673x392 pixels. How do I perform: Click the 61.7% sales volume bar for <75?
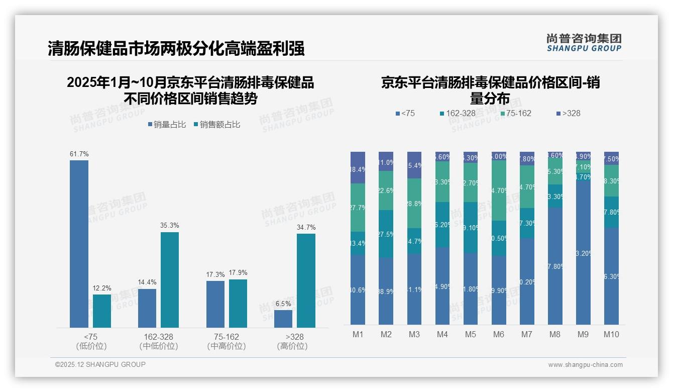tap(79, 244)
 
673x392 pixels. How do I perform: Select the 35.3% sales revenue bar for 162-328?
tap(170, 279)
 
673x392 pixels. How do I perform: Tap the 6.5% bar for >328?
tap(283, 319)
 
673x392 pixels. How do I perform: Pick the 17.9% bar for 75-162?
tap(238, 303)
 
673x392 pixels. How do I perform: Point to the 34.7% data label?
tap(306, 228)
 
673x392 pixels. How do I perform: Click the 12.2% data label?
tap(102, 288)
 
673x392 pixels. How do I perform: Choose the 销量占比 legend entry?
tap(168, 125)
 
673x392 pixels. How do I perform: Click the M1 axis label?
tap(358, 335)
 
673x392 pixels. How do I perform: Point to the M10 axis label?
tap(611, 335)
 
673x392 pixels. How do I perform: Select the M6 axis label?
tap(499, 335)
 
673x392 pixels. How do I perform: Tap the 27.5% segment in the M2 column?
tap(386, 234)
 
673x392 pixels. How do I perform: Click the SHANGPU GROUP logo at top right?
tap(584, 43)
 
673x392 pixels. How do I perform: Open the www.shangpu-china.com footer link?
tap(585, 365)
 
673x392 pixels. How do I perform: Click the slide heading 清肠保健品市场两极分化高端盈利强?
tap(176, 49)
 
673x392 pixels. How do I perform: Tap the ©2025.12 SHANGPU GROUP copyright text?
tap(100, 365)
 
